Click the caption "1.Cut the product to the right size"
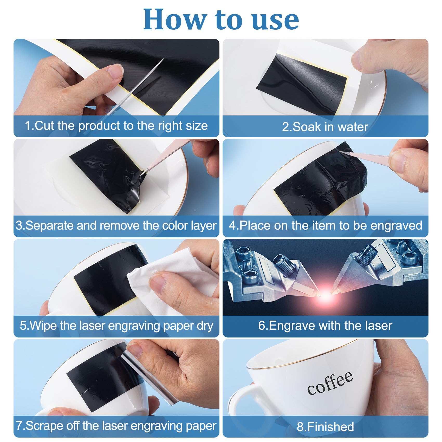click(116, 126)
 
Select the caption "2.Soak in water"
click(325, 127)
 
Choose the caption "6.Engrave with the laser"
click(325, 326)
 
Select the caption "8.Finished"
click(325, 427)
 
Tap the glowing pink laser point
click(325, 296)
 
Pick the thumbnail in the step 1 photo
click(114, 70)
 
